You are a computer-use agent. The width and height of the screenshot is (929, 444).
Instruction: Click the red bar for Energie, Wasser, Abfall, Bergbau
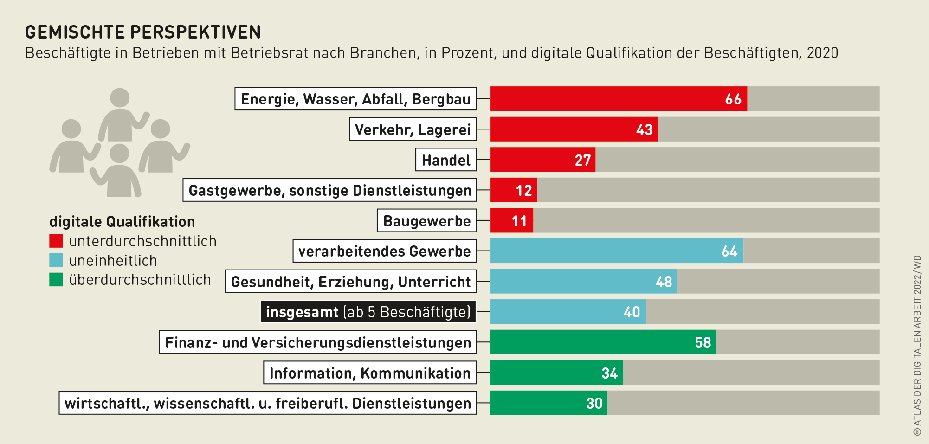(618, 99)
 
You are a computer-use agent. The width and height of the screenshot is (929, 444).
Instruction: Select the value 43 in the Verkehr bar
(644, 129)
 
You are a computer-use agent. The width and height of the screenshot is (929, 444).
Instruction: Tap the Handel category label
(446, 160)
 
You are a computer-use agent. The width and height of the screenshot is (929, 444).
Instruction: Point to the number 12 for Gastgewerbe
(524, 190)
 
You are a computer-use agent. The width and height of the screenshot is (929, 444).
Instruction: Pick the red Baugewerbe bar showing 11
(512, 220)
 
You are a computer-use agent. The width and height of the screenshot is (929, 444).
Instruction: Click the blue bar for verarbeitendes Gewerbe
(616, 251)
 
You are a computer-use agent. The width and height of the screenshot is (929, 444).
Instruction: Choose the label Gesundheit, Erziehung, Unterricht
(351, 282)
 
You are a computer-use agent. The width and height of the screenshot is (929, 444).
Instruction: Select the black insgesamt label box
(368, 312)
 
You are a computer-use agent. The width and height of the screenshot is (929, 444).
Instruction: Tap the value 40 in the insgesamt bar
(632, 312)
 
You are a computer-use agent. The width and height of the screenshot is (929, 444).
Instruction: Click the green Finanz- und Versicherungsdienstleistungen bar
(603, 342)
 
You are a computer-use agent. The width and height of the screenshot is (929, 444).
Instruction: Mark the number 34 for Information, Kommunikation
(609, 373)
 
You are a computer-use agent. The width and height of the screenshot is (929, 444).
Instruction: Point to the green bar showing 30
(548, 403)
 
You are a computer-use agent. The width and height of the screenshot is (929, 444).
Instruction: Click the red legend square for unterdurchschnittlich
(56, 241)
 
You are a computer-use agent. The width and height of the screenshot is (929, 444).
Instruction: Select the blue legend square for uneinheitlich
(56, 260)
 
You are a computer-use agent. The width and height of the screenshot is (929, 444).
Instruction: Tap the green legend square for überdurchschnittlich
(56, 280)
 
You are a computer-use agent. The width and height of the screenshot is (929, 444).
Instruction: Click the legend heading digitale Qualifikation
(122, 222)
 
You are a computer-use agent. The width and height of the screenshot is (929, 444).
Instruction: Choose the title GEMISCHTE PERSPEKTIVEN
(143, 32)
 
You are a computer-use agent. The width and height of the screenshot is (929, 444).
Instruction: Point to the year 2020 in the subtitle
(822, 53)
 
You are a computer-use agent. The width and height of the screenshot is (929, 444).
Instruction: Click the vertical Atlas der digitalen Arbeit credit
(917, 346)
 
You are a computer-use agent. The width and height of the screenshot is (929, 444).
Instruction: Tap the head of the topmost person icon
(120, 98)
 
